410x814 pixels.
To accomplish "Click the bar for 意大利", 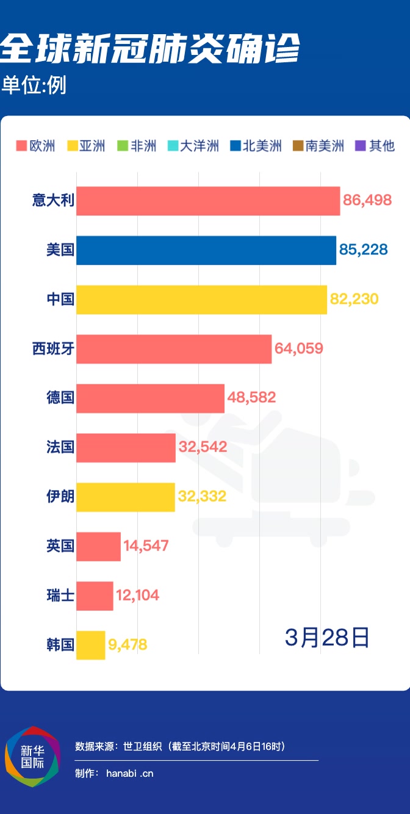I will [x=207, y=201].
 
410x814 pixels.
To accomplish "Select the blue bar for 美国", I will [x=206, y=250].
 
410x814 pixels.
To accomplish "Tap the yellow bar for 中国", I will [x=201, y=299].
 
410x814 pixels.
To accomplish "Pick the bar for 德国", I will [x=150, y=398].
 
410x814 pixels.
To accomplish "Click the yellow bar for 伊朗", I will [x=125, y=497].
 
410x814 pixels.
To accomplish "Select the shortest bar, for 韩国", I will [x=90, y=644].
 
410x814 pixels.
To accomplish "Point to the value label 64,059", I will [x=298, y=348].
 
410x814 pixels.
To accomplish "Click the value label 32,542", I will [x=203, y=447].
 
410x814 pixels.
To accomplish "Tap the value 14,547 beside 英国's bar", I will [x=146, y=546].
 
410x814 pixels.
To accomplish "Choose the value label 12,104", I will [x=137, y=595].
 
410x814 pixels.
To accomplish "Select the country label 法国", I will [x=60, y=447].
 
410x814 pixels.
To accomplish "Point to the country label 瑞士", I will [x=60, y=595].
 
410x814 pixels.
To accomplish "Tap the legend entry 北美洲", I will [x=256, y=146].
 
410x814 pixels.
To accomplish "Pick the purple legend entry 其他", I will [x=375, y=146].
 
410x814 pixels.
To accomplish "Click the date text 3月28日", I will [x=327, y=637].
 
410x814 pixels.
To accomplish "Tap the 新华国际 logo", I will [x=33, y=757].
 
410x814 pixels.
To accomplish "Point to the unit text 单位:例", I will [x=34, y=85].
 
